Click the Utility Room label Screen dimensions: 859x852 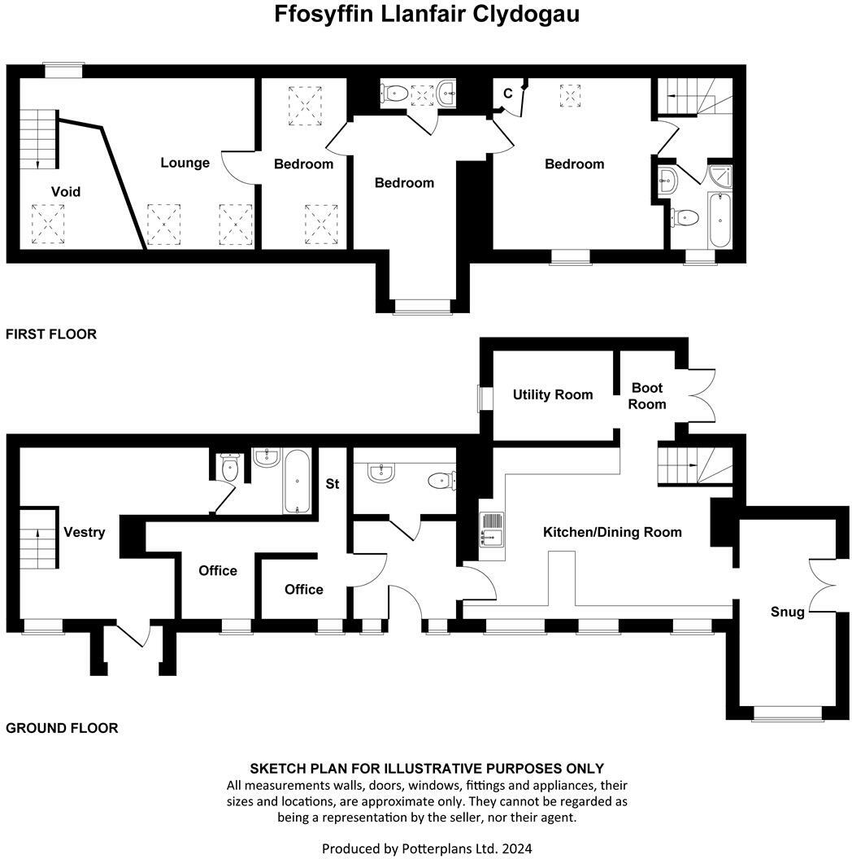coord(552,395)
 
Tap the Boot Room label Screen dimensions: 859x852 coord(647,396)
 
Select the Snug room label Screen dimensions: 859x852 coord(787,612)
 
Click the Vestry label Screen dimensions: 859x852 coord(85,532)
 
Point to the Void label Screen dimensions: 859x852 coord(66,192)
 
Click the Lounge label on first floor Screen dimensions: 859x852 coord(185,163)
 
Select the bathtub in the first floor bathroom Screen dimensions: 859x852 coord(719,220)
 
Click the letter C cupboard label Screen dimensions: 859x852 coord(507,94)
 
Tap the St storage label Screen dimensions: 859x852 coord(333,484)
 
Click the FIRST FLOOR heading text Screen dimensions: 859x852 coord(51,334)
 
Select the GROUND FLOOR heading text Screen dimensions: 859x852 coord(62,728)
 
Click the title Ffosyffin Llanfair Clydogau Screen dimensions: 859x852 coord(426,15)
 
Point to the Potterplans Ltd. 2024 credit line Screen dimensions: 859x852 coord(427,848)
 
